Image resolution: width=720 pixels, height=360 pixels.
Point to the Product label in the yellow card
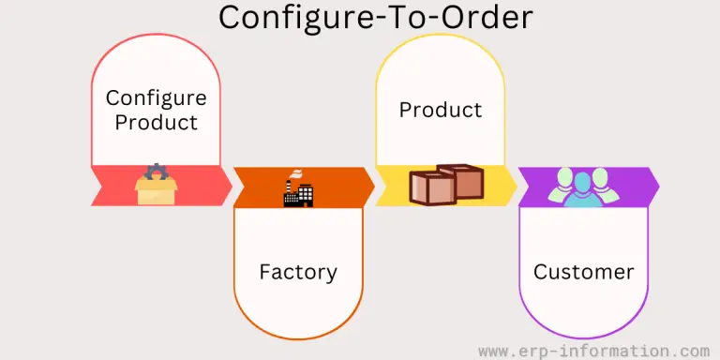click(x=441, y=110)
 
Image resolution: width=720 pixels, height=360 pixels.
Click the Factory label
click(x=298, y=273)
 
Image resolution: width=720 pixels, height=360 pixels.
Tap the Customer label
click(x=583, y=273)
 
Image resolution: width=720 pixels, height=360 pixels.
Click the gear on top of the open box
click(x=155, y=172)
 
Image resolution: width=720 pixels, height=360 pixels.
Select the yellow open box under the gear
click(x=155, y=192)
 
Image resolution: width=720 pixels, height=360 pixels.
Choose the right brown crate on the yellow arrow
click(x=460, y=182)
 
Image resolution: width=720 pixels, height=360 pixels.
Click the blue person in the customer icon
click(x=584, y=188)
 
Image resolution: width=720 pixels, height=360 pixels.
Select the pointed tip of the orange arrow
click(x=372, y=187)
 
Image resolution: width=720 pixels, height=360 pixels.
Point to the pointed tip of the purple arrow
click(x=657, y=187)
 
